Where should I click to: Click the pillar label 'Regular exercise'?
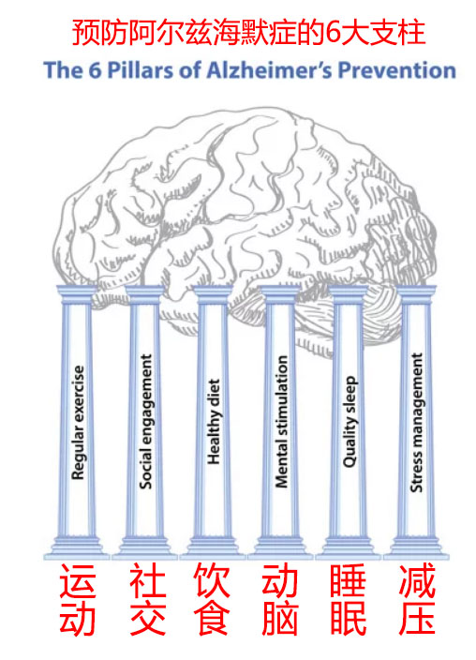tap(78, 422)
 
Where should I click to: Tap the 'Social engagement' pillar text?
tap(145, 421)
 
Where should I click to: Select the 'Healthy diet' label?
tap(214, 421)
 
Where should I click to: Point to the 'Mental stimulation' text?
tap(281, 421)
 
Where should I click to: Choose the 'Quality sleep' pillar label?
tap(350, 421)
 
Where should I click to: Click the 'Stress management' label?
tap(417, 422)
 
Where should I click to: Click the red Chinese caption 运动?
tap(78, 599)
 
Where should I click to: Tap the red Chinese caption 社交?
tap(147, 599)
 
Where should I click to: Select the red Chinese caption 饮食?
tap(212, 599)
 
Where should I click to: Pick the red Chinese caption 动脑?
tap(280, 599)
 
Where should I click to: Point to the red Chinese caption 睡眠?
tap(348, 599)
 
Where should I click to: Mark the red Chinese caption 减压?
tap(417, 599)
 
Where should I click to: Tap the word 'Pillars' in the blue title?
tap(140, 70)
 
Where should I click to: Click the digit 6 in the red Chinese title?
tap(333, 33)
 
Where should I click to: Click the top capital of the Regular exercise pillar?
tap(77, 294)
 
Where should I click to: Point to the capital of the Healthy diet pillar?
tap(213, 294)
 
